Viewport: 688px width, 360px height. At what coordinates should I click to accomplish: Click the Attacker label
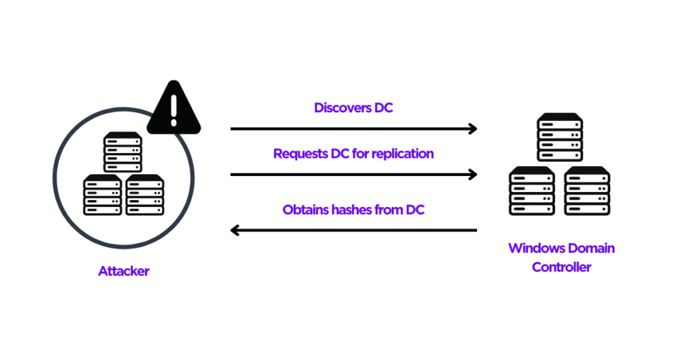[124, 271]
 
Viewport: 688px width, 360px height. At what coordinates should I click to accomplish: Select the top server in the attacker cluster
[122, 152]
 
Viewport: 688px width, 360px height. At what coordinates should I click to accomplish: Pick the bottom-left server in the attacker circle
[102, 195]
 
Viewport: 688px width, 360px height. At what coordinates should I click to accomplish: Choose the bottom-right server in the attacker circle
[144, 195]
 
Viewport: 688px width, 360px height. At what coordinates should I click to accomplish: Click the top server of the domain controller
[559, 137]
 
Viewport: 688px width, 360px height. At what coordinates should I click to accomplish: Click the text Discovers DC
[353, 107]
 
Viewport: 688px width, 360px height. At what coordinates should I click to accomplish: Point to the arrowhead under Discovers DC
[473, 128]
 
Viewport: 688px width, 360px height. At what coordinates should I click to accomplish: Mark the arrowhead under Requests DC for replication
[473, 175]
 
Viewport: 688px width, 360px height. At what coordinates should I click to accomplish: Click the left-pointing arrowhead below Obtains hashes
[234, 230]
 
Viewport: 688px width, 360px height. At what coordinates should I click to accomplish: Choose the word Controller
[562, 267]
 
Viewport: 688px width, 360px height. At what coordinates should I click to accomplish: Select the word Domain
[590, 248]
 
